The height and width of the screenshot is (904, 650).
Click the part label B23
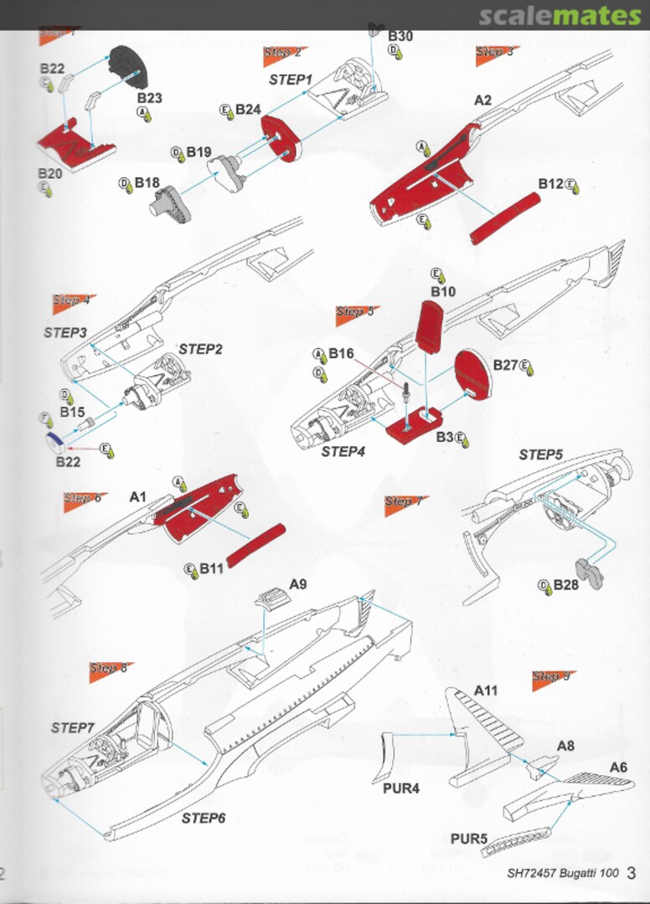[x=150, y=98]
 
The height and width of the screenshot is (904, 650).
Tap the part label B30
[x=400, y=37]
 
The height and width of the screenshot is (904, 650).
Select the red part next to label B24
[x=279, y=138]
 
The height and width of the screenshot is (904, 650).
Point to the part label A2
[x=482, y=100]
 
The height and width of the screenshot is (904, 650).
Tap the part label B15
[x=72, y=412]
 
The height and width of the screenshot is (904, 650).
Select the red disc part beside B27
[x=472, y=375]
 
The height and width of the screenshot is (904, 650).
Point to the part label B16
[x=341, y=354]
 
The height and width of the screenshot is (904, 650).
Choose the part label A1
[x=138, y=496]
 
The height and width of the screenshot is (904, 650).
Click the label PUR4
[x=401, y=788]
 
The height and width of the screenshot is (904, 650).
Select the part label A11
[x=486, y=691]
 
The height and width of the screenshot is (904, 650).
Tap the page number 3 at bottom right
[x=632, y=873]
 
